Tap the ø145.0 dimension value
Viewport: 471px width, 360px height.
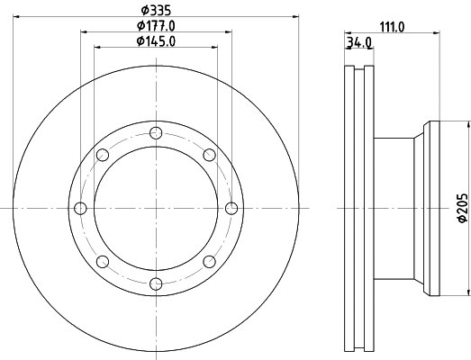155,40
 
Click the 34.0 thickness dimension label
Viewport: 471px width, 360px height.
358,42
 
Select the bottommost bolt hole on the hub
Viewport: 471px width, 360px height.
156,284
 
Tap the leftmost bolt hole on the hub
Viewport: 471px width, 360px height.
80,208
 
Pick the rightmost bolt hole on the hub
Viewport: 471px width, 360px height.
232,208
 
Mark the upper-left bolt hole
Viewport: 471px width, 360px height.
102,154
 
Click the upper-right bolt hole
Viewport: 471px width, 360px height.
210,154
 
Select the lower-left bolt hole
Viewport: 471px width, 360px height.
102,262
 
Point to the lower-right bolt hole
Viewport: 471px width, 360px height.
210,262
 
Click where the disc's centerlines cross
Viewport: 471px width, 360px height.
156,208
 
